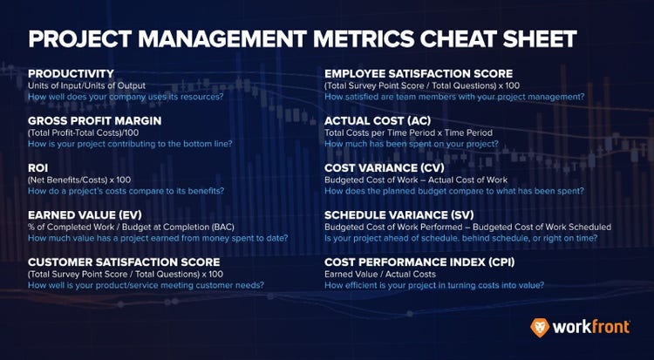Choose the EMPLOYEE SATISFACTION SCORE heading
pos(419,74)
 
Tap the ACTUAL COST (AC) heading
pos(382,121)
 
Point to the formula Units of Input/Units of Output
pos(99,85)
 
